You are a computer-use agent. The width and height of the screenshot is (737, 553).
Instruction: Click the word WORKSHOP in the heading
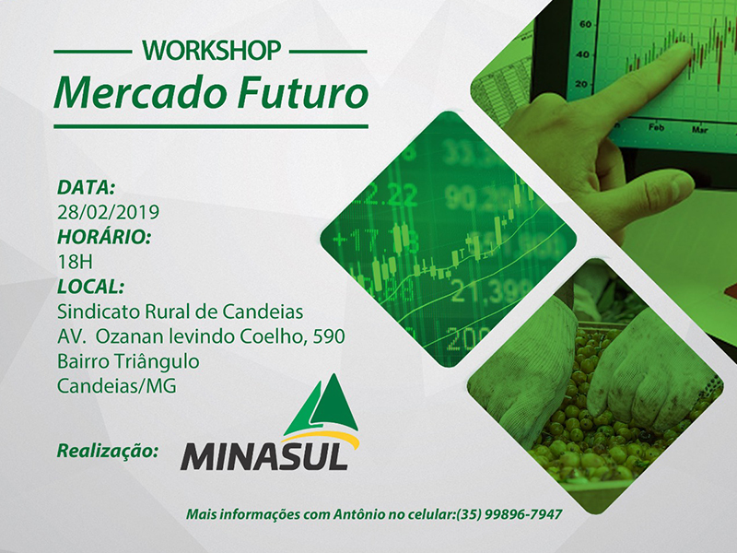(x=212, y=51)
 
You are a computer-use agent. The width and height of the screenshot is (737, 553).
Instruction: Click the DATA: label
(x=86, y=187)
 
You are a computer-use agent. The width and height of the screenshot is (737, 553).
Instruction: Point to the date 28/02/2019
(x=108, y=212)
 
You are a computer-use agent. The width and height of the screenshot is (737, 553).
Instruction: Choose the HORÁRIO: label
(x=104, y=236)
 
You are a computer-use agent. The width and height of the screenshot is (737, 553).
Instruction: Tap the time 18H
(x=76, y=262)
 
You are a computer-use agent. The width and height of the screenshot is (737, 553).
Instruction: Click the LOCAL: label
(x=90, y=287)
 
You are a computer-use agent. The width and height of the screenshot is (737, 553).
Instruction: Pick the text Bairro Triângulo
(x=128, y=361)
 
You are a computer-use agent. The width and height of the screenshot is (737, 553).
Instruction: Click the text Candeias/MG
(x=117, y=386)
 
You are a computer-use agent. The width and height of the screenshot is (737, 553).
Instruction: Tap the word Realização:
(x=108, y=451)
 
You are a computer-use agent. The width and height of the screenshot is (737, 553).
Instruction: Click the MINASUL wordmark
(x=264, y=456)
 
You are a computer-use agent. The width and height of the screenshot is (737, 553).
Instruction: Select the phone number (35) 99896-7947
(x=509, y=514)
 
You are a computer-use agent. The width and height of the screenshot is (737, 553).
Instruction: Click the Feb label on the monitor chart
(x=656, y=127)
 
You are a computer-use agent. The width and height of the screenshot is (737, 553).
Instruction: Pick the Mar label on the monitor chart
(x=699, y=129)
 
